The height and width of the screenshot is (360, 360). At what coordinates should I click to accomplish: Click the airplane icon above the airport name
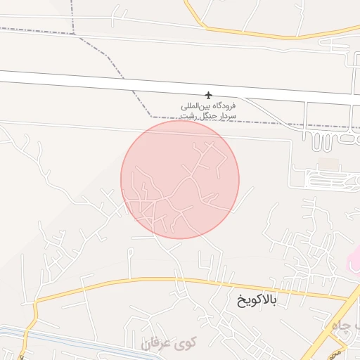point(208,95)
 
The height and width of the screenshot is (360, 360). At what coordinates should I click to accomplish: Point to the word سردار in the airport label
point(226,115)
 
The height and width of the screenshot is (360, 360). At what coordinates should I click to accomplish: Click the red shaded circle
point(180,179)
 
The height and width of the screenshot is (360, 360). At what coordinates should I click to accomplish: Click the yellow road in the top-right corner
point(232,32)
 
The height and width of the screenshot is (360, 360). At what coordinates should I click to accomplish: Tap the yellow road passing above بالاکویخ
point(176,281)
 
